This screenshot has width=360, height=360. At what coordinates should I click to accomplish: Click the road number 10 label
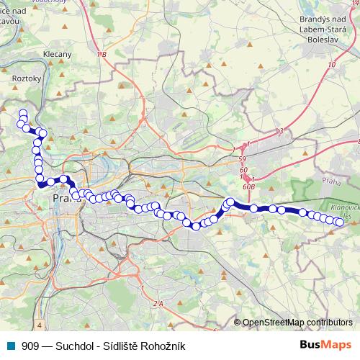331,65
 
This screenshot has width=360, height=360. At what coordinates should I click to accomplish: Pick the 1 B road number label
100,55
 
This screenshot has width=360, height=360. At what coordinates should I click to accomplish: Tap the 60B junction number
250,185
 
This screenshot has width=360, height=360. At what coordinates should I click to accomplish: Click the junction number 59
243,159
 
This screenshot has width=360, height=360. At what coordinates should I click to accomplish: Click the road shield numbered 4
40,325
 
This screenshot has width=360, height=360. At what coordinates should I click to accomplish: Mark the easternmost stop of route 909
339,222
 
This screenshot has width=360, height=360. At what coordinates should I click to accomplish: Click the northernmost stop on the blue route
22,113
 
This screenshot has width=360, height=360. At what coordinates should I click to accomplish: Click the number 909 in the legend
31,346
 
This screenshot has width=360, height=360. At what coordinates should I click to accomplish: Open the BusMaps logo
325,346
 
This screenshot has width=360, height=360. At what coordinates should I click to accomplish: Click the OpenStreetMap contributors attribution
297,323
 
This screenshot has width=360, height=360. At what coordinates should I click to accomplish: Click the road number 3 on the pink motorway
282,130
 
